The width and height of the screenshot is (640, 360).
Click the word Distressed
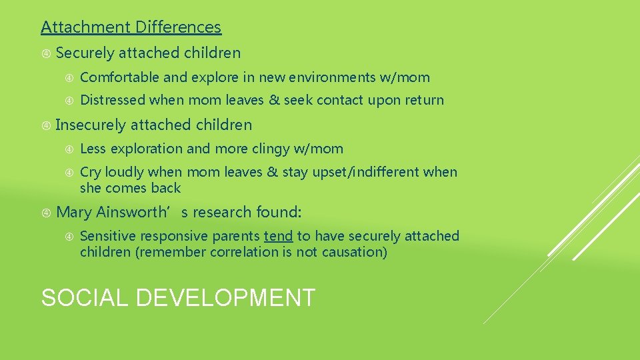coord(113,101)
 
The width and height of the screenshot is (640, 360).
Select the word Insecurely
coord(91,125)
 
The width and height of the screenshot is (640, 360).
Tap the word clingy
coord(273,149)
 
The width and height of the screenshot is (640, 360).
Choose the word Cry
coord(91,172)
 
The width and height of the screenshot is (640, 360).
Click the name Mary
coord(75,213)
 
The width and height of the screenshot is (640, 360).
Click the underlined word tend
coord(278,236)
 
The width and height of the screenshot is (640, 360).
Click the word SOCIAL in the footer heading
coord(85,297)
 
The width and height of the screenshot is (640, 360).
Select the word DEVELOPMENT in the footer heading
coord(225,297)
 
